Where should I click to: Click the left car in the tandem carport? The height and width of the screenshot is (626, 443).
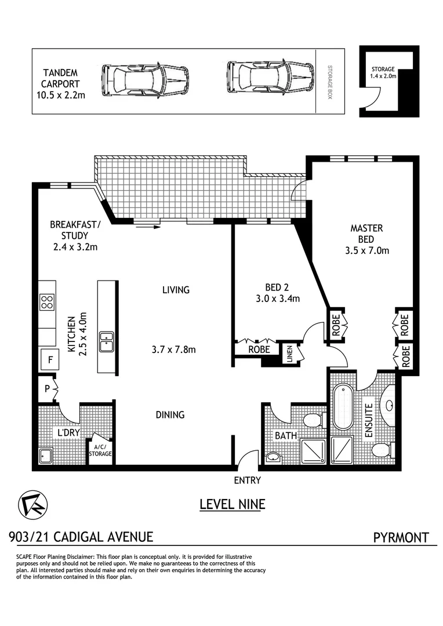click(146, 81)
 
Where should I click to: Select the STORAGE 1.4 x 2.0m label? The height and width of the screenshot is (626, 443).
click(383, 72)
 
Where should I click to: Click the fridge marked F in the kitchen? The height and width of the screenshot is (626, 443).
click(50, 360)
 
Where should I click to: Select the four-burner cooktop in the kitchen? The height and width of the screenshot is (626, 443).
click(47, 301)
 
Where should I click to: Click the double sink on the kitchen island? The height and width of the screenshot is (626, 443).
click(107, 342)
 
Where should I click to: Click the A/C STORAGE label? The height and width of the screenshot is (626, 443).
click(100, 450)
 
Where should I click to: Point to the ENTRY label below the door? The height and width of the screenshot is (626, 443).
click(247, 480)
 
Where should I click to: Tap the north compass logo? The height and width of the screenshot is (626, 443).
click(33, 504)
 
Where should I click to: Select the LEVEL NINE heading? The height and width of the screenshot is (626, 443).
click(232, 504)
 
